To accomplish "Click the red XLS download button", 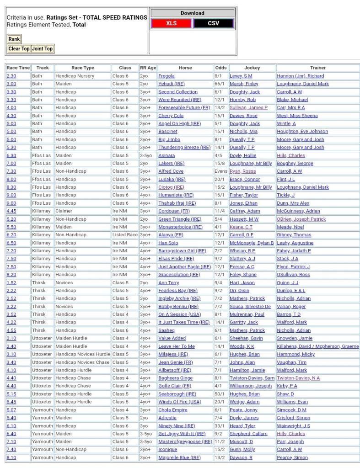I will click(172, 23).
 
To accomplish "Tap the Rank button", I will click(14, 39).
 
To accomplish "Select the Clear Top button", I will click(19, 49).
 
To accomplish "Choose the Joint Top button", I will click(43, 49).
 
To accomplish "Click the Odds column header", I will click(220, 68).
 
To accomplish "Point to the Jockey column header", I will click(252, 68).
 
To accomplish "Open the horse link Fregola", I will click(167, 76).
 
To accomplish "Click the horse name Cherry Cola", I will click(171, 116).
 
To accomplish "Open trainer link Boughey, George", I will click(295, 163).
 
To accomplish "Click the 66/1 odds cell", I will click(220, 84).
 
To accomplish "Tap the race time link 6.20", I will click(11, 235).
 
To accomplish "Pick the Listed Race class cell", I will click(125, 235).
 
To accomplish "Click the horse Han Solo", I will click(168, 243).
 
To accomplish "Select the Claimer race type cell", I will click(64, 211).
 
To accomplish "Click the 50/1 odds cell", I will click(220, 394).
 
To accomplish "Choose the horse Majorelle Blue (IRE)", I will click(179, 457).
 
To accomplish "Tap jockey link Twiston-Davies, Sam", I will click(252, 378).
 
